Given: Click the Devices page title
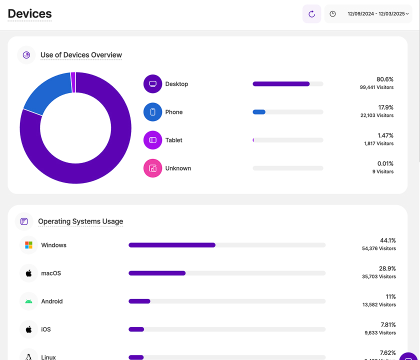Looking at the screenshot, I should [30, 14].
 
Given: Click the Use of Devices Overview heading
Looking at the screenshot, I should [81, 55].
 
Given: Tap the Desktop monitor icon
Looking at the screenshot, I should [153, 84].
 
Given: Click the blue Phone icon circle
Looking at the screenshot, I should [153, 112].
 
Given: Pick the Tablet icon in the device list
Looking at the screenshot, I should [153, 140].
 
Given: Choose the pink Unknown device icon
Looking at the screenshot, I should [153, 168].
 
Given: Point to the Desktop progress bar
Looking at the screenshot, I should [287, 84].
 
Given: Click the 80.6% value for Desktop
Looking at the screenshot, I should [385, 79].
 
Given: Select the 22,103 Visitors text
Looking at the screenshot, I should [377, 115].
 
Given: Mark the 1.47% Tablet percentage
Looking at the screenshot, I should [385, 135].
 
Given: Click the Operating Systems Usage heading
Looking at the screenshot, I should [80, 221].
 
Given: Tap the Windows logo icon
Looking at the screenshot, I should [29, 245].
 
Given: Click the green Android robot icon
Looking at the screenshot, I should [29, 301].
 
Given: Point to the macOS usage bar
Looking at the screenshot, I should [227, 273].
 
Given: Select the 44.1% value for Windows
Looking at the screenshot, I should [388, 240].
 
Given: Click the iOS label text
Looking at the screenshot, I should [46, 329].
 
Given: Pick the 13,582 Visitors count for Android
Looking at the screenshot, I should [379, 304].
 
